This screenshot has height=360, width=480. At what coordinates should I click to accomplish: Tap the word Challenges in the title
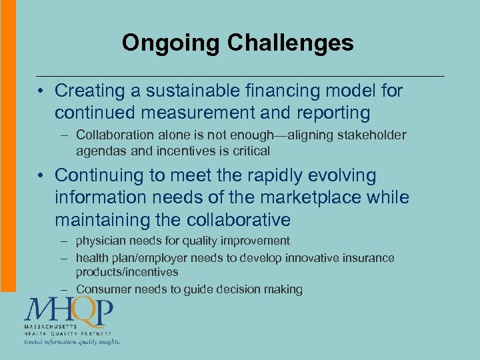291,43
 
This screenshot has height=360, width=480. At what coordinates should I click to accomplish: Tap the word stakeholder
372,135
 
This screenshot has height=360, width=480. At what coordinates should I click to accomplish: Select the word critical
248,151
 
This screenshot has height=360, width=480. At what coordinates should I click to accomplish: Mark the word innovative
312,258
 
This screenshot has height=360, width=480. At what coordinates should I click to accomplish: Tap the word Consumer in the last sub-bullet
103,289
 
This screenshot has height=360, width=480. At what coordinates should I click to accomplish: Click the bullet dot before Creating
41,91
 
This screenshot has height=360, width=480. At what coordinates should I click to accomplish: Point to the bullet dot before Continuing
41,177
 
